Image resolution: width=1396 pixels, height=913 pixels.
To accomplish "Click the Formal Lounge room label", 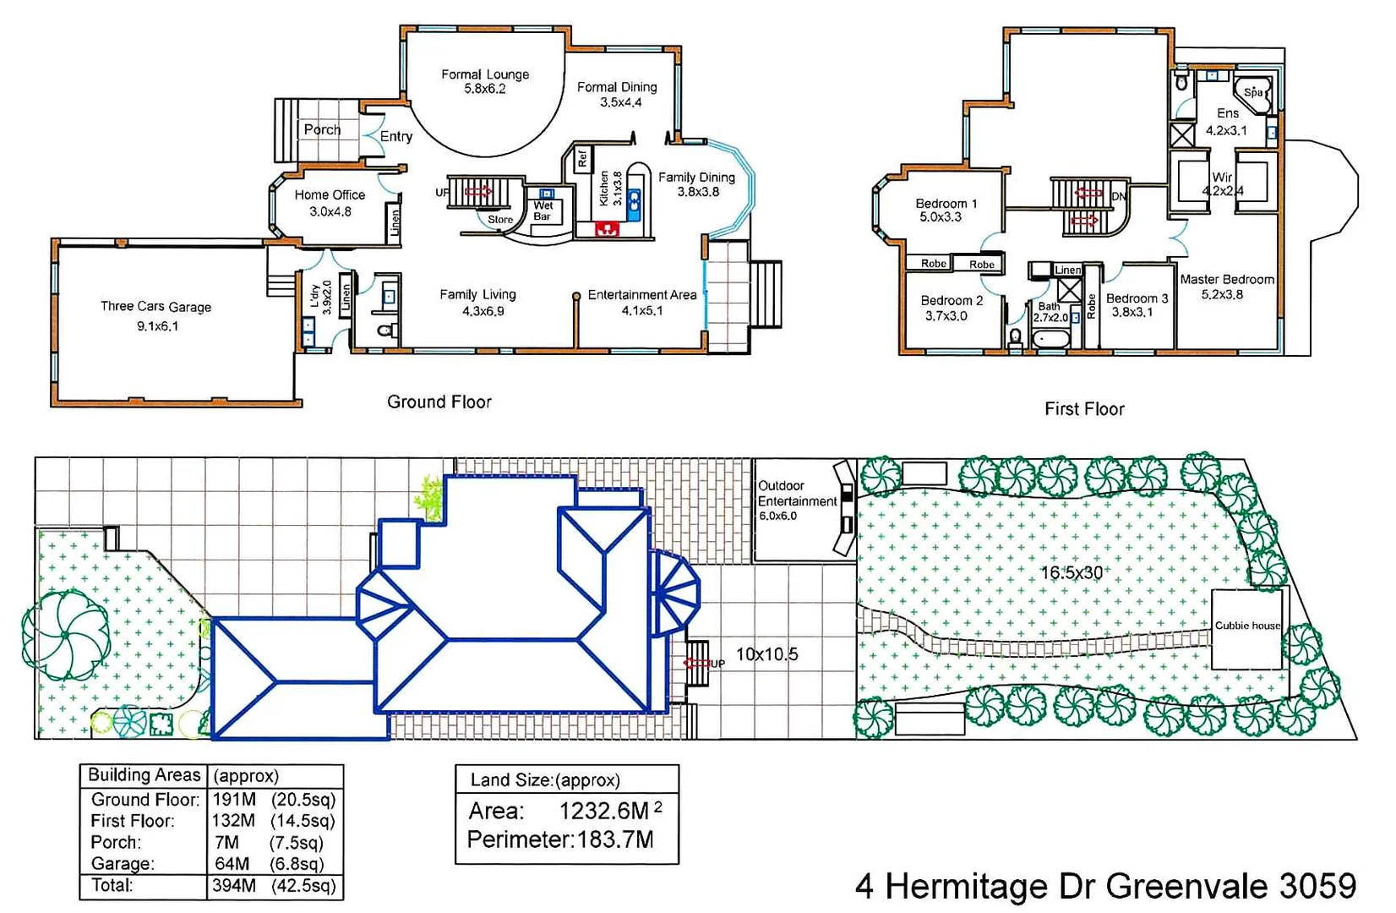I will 485,81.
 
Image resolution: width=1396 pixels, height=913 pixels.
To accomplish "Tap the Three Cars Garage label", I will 156,315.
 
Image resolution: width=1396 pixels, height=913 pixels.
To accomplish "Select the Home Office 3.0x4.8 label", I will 330,203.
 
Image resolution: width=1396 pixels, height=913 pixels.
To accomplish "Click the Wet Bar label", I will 543,210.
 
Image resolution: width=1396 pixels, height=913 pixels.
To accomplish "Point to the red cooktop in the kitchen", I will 606,228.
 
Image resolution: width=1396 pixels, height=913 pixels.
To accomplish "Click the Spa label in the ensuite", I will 1252,92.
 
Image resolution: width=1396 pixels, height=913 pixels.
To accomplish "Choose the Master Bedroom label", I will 1226,287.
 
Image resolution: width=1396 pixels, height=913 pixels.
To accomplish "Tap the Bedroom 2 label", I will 951,308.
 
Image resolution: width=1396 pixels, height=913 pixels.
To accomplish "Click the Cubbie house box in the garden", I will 1246,627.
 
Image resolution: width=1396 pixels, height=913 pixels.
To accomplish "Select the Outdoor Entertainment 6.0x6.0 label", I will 796,500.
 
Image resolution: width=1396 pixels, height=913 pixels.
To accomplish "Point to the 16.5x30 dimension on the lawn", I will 1071,573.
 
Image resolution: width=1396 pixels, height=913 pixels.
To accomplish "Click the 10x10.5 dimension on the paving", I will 766,654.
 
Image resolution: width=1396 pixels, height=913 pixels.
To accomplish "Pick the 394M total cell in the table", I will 234,886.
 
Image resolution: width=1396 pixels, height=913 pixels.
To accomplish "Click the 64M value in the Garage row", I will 232,864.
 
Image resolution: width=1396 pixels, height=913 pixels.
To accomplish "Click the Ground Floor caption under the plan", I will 439,402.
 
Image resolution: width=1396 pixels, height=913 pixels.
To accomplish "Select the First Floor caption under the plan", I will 1084,409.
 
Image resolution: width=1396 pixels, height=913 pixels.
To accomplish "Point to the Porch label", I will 322,130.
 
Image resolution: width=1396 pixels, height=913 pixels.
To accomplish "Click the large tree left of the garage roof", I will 66,634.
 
